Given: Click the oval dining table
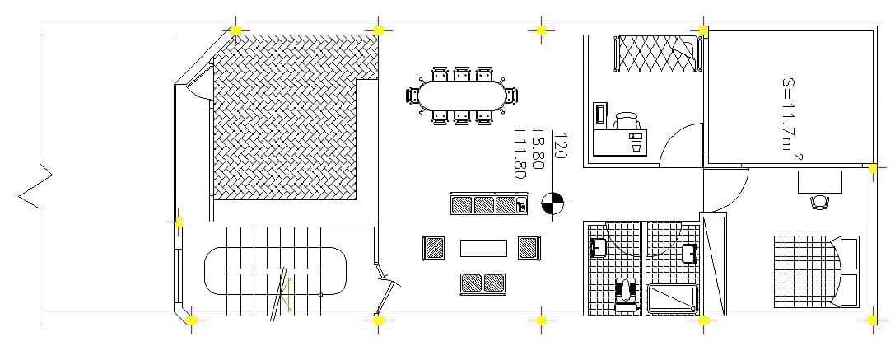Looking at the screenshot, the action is click(x=462, y=96).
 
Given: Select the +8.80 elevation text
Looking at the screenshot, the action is click(x=538, y=147).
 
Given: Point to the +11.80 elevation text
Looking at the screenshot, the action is click(x=520, y=152).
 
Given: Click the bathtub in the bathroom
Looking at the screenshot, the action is click(x=673, y=298).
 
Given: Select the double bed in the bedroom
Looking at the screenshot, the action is click(x=816, y=271).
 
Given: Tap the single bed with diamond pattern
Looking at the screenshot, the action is click(x=658, y=54).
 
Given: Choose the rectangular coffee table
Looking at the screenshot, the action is click(x=483, y=248).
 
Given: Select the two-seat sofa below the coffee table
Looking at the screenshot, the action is click(x=482, y=283).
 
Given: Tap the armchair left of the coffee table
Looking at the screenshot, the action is click(x=434, y=247).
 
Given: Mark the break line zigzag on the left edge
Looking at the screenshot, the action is click(x=35, y=189).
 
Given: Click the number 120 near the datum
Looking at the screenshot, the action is click(x=561, y=146).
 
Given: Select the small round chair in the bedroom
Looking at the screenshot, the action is click(x=819, y=203).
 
